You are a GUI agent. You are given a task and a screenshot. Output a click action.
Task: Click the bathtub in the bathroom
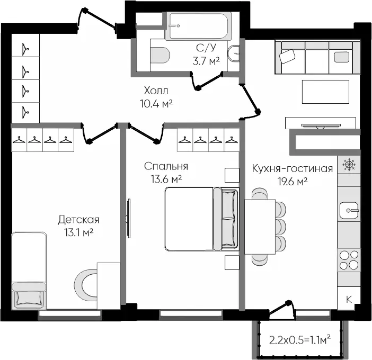[x=198, y=26]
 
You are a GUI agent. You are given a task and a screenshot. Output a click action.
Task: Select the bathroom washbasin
[x=234, y=53]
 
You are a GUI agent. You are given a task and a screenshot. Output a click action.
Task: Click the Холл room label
[x=156, y=91]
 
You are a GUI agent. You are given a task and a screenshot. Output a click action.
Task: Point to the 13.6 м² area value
[x=166, y=179]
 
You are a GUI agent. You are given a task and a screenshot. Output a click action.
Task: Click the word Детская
[x=78, y=220]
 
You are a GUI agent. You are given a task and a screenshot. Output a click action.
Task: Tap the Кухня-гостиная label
[x=293, y=168]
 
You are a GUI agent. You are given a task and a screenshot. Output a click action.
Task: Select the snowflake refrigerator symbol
[x=349, y=165]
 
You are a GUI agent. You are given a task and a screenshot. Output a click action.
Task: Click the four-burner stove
[x=349, y=260]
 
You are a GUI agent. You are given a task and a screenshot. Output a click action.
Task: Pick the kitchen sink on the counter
[x=349, y=210]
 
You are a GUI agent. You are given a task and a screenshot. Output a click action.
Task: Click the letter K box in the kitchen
[x=349, y=299]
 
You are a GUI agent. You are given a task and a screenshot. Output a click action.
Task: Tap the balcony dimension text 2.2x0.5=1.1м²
[x=300, y=340]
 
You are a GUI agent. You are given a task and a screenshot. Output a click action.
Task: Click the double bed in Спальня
[x=202, y=219]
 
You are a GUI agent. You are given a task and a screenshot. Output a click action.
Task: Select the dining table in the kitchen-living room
[x=260, y=227]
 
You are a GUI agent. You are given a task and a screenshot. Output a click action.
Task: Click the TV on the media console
[x=321, y=125]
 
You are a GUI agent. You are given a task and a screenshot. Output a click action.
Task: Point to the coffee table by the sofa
[x=325, y=92]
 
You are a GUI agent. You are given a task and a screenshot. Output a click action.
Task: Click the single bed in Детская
[x=29, y=271]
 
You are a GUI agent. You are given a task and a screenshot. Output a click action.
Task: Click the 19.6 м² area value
[x=293, y=182]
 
